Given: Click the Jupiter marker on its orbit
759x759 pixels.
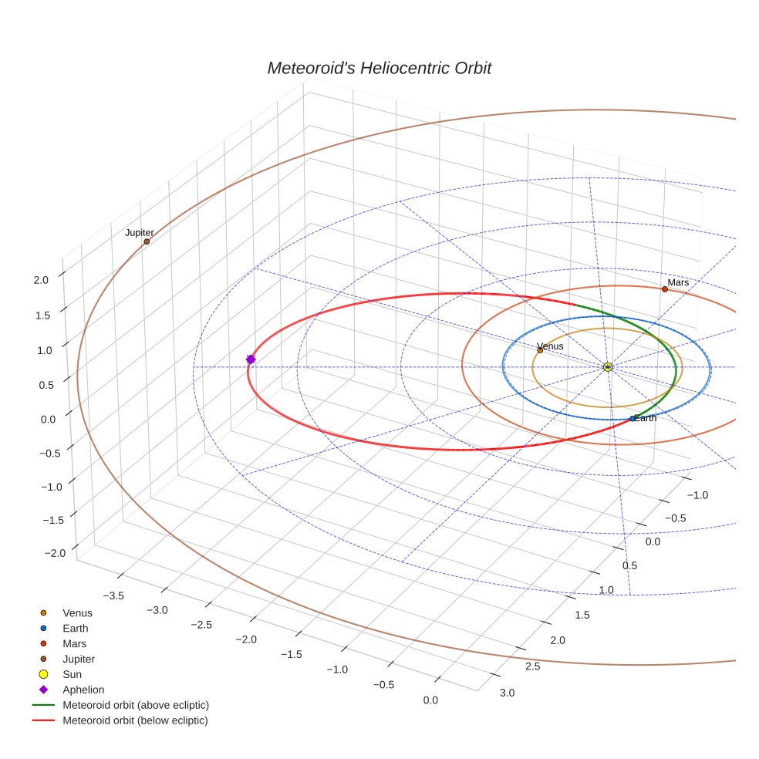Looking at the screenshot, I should (147, 241).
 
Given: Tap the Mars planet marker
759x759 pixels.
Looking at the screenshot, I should (664, 289).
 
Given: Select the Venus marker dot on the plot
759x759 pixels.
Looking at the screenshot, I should (540, 350).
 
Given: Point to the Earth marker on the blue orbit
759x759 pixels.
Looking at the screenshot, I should (632, 419).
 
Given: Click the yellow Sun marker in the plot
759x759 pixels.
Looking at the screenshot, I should (608, 366).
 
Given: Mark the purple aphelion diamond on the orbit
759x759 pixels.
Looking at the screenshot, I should (250, 359).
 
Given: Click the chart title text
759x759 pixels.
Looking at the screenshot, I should (379, 68).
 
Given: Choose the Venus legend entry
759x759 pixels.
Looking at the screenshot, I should (77, 613).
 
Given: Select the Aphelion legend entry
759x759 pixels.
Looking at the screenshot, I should (83, 690).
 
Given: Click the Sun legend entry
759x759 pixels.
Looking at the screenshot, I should (73, 674).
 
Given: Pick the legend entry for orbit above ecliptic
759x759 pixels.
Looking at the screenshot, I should (135, 705).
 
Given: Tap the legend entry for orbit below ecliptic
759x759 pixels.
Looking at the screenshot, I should (135, 720).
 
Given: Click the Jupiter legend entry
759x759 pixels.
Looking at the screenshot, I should (79, 659).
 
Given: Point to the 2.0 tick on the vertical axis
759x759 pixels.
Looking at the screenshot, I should (41, 280).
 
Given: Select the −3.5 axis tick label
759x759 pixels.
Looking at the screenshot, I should (112, 595).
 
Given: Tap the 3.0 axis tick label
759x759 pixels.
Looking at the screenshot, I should (507, 693).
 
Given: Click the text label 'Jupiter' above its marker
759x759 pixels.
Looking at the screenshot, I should (140, 232).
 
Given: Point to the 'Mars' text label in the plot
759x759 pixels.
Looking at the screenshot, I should (678, 282).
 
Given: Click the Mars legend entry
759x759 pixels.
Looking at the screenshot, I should (74, 643).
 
